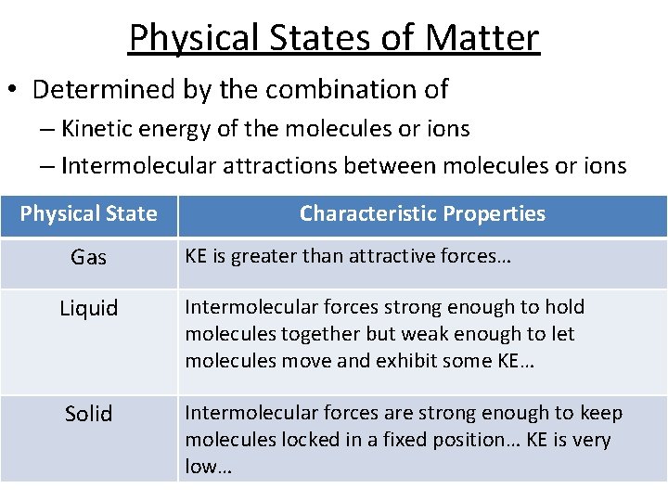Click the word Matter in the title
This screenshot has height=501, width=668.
pos(482,38)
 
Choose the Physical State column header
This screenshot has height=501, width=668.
pos(88,214)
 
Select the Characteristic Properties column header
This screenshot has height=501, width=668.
pos(422,214)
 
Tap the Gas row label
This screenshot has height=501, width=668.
pos(88,258)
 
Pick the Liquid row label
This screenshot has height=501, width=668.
pos(88,309)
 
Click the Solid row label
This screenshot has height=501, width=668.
pos(88,414)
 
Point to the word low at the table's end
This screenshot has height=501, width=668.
pos(202,466)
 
